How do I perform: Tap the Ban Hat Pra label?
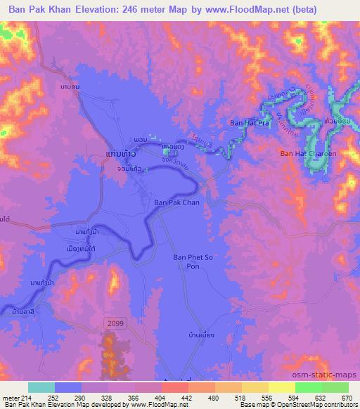click(x=250, y=123)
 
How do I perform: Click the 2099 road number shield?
click(x=115, y=321)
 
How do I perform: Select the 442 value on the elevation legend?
click(x=186, y=397)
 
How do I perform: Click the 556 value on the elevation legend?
click(x=266, y=397)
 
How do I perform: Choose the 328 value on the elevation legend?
click(x=107, y=397)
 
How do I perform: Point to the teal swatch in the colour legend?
click(x=41, y=387)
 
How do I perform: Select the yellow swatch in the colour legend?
click(x=281, y=387)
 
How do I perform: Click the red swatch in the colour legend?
click(x=174, y=387)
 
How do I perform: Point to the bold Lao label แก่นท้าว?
click(x=111, y=152)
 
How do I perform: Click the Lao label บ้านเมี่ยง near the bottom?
click(x=201, y=335)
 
